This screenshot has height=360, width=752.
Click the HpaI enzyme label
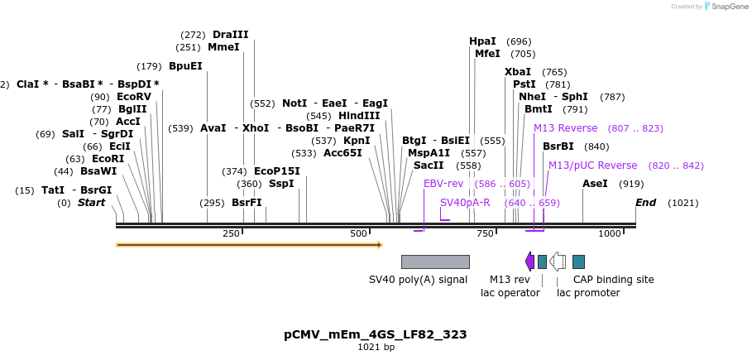pos(482,41)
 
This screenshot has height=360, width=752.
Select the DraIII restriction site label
pos(230,35)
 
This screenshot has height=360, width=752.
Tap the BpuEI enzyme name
pos(185,66)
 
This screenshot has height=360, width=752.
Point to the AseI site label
pos(595,184)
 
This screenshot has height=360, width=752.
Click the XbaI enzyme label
pos(518,72)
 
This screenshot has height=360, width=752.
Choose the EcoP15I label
pos(276,171)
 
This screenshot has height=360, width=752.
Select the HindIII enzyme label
pos(359,116)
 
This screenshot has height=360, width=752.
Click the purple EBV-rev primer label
pos(443,184)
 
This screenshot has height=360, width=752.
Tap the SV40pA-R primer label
pos(465,203)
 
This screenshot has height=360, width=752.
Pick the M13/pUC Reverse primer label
pos(592,166)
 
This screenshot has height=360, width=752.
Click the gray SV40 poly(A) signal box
pos(435,262)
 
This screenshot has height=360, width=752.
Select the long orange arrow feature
pos(248,245)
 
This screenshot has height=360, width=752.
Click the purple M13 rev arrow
pos(529,262)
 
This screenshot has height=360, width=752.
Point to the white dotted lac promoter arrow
pos(558,262)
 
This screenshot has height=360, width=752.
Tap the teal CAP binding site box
pos(578,262)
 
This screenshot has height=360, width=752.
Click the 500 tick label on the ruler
pos(358,234)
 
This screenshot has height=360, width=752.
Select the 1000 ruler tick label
pos(610,234)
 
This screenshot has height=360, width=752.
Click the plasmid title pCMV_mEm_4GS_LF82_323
pos(375,335)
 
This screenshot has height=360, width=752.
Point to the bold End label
pos(645,203)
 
